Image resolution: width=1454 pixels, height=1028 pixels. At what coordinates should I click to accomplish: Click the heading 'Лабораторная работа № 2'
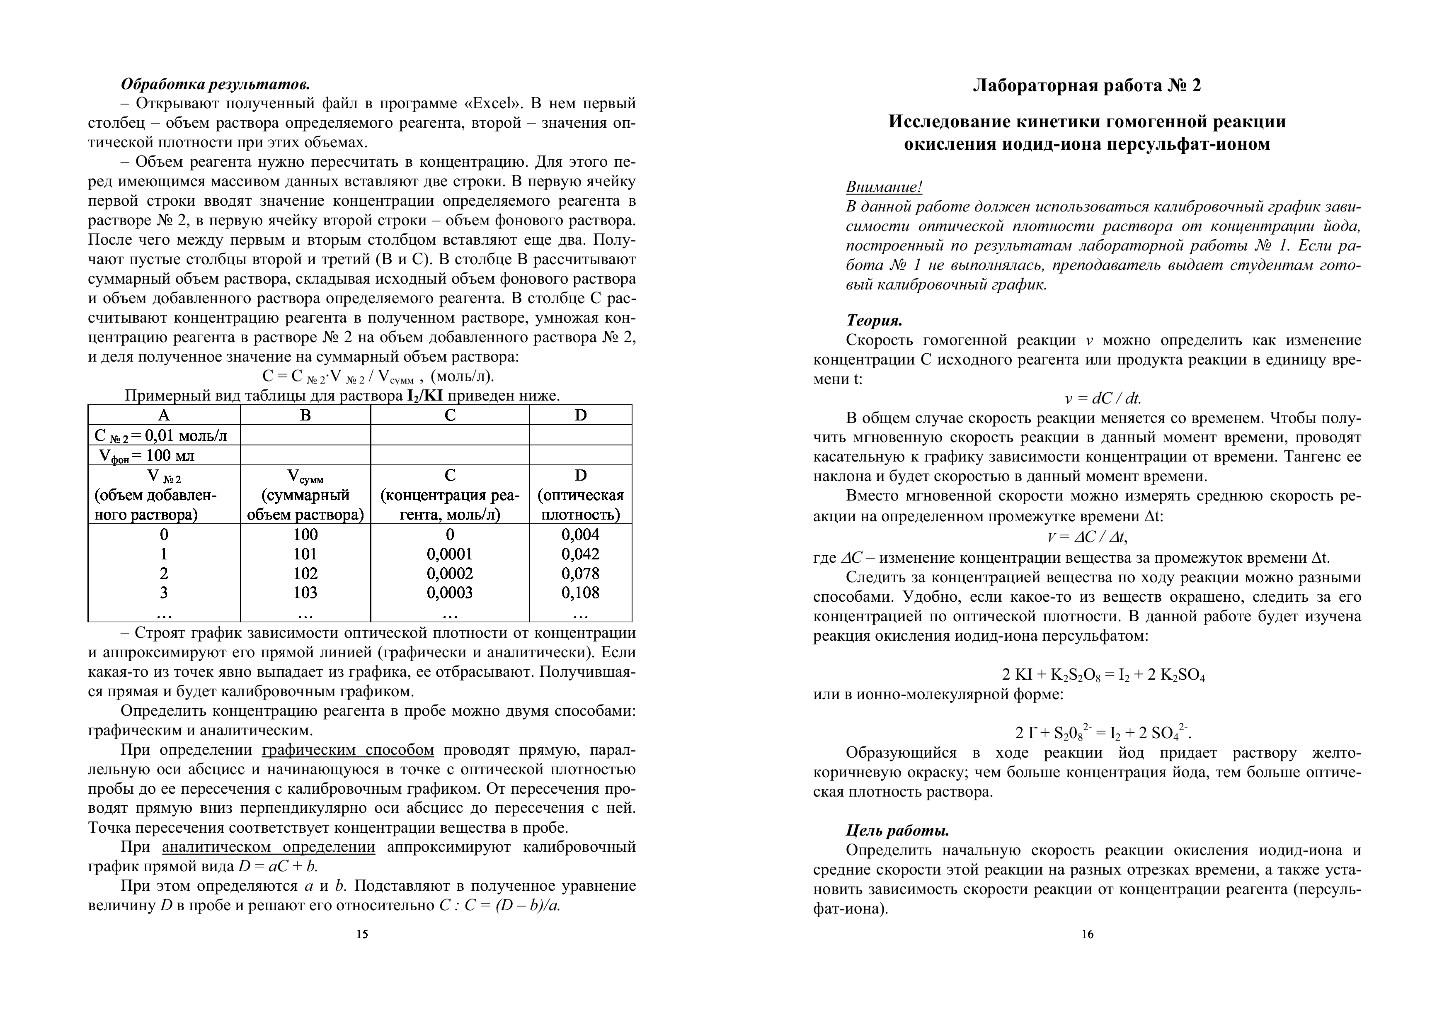pyautogui.click(x=1087, y=85)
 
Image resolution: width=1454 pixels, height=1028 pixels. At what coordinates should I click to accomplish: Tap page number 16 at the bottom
pyautogui.click(x=1087, y=934)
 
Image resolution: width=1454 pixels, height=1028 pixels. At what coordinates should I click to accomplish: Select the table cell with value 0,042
pyautogui.click(x=580, y=554)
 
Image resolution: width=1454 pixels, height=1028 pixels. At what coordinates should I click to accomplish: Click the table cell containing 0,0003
pyautogui.click(x=450, y=593)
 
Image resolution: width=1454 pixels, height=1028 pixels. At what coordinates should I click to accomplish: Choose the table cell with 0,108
pyautogui.click(x=580, y=593)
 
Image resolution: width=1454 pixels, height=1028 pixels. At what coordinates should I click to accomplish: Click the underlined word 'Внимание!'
pyautogui.click(x=884, y=187)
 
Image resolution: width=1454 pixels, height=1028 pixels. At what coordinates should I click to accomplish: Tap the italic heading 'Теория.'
pyautogui.click(x=874, y=321)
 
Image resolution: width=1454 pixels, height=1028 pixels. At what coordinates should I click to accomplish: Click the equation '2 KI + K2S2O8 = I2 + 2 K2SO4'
pyautogui.click(x=1103, y=675)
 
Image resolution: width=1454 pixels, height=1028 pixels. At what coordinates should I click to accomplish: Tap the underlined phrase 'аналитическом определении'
pyautogui.click(x=269, y=848)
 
